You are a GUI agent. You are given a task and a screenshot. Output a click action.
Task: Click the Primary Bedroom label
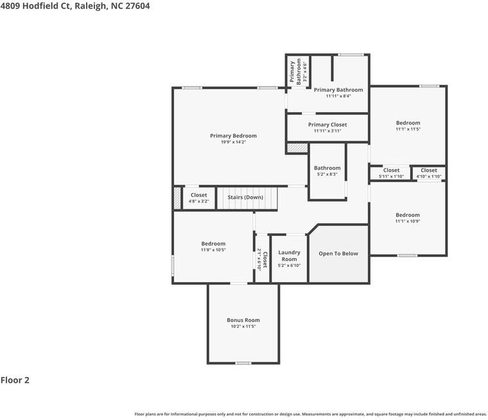[233, 135]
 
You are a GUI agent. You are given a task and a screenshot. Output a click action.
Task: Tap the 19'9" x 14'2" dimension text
[233, 142]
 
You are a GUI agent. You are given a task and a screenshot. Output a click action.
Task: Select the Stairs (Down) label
[245, 197]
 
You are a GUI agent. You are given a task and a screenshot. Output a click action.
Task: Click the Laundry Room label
[289, 256]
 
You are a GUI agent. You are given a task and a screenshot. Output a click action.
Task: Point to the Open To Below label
[338, 253]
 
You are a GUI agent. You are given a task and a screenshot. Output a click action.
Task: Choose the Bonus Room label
[243, 320]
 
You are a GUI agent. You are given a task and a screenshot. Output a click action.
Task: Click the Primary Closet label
[327, 124]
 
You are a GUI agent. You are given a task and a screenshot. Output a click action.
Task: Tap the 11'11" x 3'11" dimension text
[327, 131]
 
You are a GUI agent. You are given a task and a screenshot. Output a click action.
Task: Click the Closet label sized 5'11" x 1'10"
[391, 171]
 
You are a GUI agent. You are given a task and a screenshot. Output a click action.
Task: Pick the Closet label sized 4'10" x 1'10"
[429, 171]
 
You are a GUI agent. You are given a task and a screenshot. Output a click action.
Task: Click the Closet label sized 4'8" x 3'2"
[198, 195]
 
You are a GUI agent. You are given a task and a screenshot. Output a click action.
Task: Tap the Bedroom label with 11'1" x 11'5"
[408, 122]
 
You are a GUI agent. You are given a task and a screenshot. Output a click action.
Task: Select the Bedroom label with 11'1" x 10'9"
[408, 215]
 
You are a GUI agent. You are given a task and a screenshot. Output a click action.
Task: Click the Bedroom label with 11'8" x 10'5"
[213, 243]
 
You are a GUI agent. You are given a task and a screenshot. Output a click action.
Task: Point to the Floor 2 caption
[15, 380]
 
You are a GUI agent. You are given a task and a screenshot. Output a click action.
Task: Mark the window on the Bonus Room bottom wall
[243, 363]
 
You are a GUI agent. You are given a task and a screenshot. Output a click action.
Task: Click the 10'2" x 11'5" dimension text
[243, 326]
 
